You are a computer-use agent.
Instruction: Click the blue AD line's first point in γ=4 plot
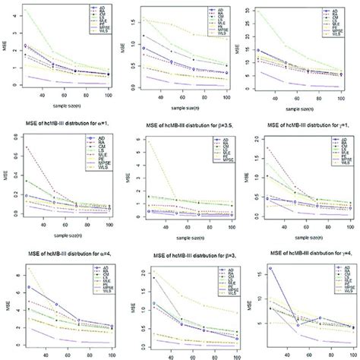click(x=272, y=268)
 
